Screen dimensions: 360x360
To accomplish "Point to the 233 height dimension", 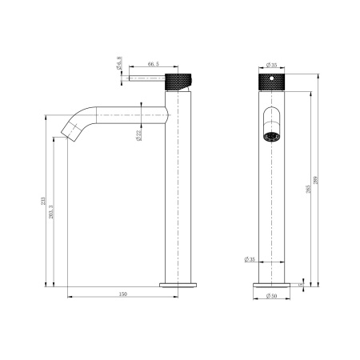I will pos(43,201).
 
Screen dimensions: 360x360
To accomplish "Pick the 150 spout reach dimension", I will pos(122,294).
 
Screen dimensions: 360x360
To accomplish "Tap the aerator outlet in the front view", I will pos(273,134).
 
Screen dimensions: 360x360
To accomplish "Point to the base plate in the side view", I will pos(178,283).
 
